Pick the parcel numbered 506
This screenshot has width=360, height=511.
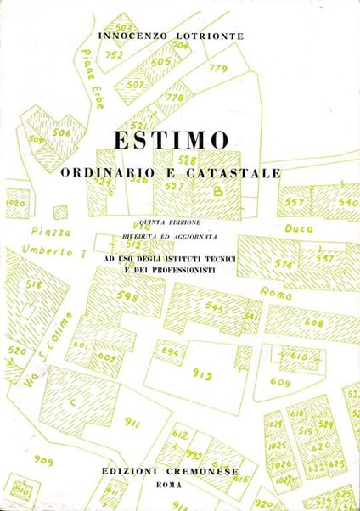[x=61, y=133]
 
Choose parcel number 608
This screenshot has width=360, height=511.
[x=313, y=323]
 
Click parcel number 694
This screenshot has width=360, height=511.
[x=170, y=351]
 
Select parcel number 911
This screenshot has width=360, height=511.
[x=132, y=421]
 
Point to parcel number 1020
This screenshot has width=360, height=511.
[x=14, y=204]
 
